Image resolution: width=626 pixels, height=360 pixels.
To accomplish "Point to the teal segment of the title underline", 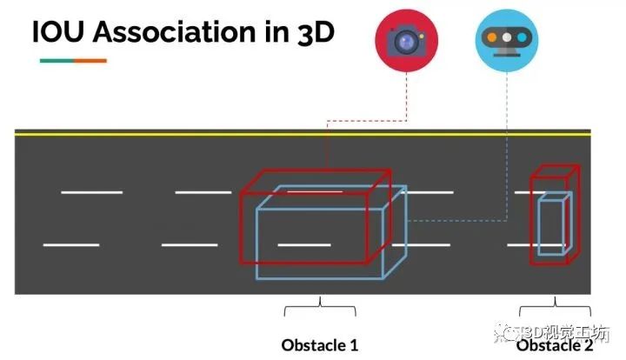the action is click(57, 61).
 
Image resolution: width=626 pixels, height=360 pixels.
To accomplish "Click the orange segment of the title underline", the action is click(90, 61).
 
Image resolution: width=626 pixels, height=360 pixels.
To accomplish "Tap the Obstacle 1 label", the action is click(319, 344).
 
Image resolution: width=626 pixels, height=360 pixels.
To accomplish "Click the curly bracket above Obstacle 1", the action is click(319, 306).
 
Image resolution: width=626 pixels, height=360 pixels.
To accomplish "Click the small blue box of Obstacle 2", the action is click(550, 226).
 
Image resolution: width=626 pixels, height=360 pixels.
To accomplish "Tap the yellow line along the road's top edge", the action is click(174, 133).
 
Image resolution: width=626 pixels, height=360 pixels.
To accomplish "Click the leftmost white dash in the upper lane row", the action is click(91, 191).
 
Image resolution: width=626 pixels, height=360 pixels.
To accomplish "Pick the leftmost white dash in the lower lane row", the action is click(71, 245).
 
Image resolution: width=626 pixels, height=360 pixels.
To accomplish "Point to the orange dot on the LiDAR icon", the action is click(506, 37).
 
